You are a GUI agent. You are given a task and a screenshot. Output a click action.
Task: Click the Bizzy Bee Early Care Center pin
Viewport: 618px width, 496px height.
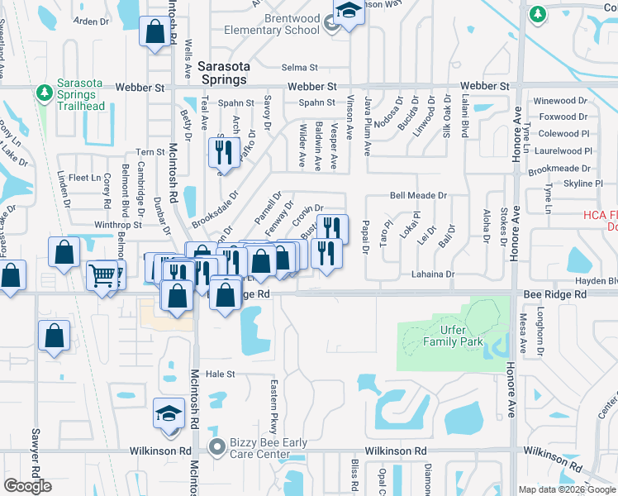coord(218,447)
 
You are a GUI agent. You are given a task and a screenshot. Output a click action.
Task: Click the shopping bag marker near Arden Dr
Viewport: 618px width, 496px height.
coord(154,32)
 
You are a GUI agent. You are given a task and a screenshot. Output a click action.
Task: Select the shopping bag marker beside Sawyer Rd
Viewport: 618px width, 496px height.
coord(54,335)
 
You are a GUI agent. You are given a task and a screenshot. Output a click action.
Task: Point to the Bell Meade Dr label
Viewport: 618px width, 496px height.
coord(418,196)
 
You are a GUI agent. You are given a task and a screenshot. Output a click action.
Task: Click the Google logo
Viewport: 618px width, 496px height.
coord(28,486)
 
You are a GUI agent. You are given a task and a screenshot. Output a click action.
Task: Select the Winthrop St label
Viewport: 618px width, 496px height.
coord(118,224)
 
